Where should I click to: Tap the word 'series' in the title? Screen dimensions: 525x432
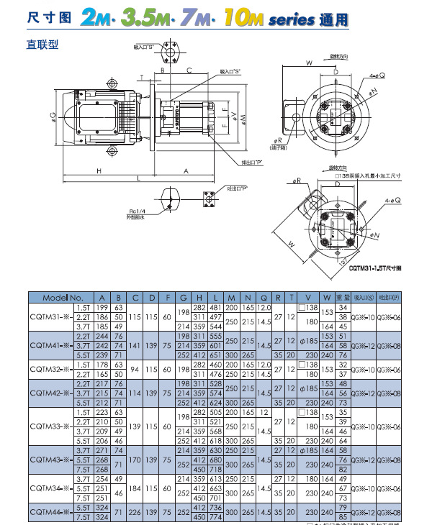click(x=291, y=21)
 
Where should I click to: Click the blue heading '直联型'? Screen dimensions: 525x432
click(x=42, y=45)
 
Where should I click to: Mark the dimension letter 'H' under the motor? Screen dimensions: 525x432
click(x=100, y=171)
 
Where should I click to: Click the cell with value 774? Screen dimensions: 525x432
click(x=215, y=517)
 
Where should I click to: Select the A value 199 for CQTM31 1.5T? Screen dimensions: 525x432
click(x=102, y=307)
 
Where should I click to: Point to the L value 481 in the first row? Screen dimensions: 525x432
click(x=215, y=307)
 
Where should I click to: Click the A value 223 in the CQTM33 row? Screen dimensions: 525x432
click(x=102, y=412)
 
